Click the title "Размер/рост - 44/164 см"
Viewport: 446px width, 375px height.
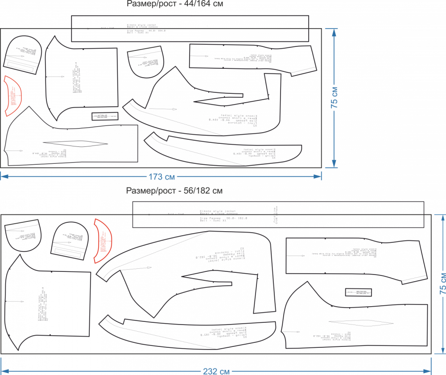[x=175, y=4]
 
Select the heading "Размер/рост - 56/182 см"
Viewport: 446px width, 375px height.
[x=174, y=191]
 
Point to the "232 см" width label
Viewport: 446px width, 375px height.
[x=216, y=371]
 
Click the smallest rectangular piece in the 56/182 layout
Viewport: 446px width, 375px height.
[x=359, y=292]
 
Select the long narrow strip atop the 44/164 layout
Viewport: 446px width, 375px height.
[x=190, y=29]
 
